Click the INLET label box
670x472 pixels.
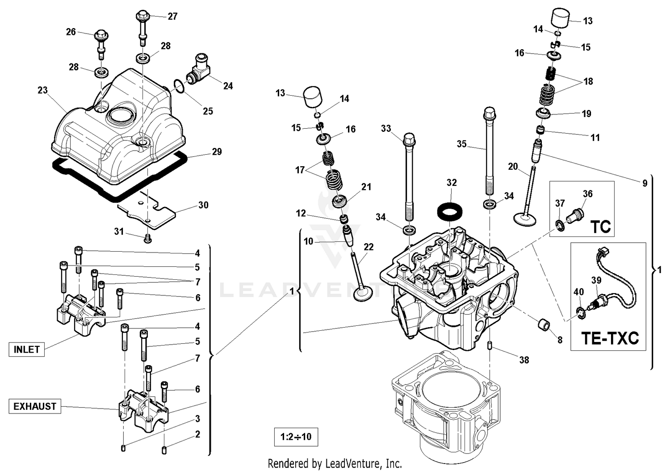point(27,350)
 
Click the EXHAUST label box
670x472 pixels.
point(35,406)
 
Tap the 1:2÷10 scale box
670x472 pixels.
point(296,437)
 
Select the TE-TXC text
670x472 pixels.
point(610,338)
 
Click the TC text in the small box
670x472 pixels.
point(600,227)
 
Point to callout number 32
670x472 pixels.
point(452,182)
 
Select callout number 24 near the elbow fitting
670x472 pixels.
point(228,86)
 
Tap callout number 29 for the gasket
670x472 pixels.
point(217,152)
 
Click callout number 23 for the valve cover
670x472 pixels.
point(42,90)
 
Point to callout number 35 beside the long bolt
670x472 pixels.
point(461,144)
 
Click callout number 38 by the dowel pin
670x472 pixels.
point(524,360)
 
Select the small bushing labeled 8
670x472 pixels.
point(543,325)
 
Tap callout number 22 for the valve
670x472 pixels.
point(368,247)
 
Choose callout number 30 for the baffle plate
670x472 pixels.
point(203,205)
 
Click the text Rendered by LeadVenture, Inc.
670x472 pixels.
point(335,464)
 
